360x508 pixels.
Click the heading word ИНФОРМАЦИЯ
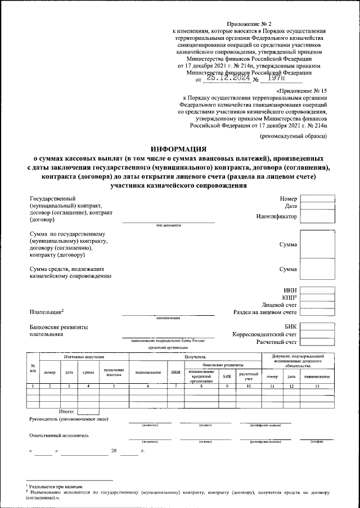pyautogui.click(x=179, y=149)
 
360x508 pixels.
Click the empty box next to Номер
pyautogui.click(x=318, y=198)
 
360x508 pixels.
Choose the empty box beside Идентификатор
pyautogui.click(x=318, y=216)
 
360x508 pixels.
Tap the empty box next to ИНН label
pyautogui.click(x=318, y=290)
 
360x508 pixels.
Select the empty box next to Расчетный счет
pyautogui.click(x=318, y=341)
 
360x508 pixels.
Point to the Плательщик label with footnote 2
pyautogui.click(x=46, y=312)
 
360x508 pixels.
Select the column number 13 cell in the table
pyautogui.click(x=313, y=385)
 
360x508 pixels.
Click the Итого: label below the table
pyautogui.click(x=66, y=412)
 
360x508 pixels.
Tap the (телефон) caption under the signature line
pyautogui.click(x=317, y=442)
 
